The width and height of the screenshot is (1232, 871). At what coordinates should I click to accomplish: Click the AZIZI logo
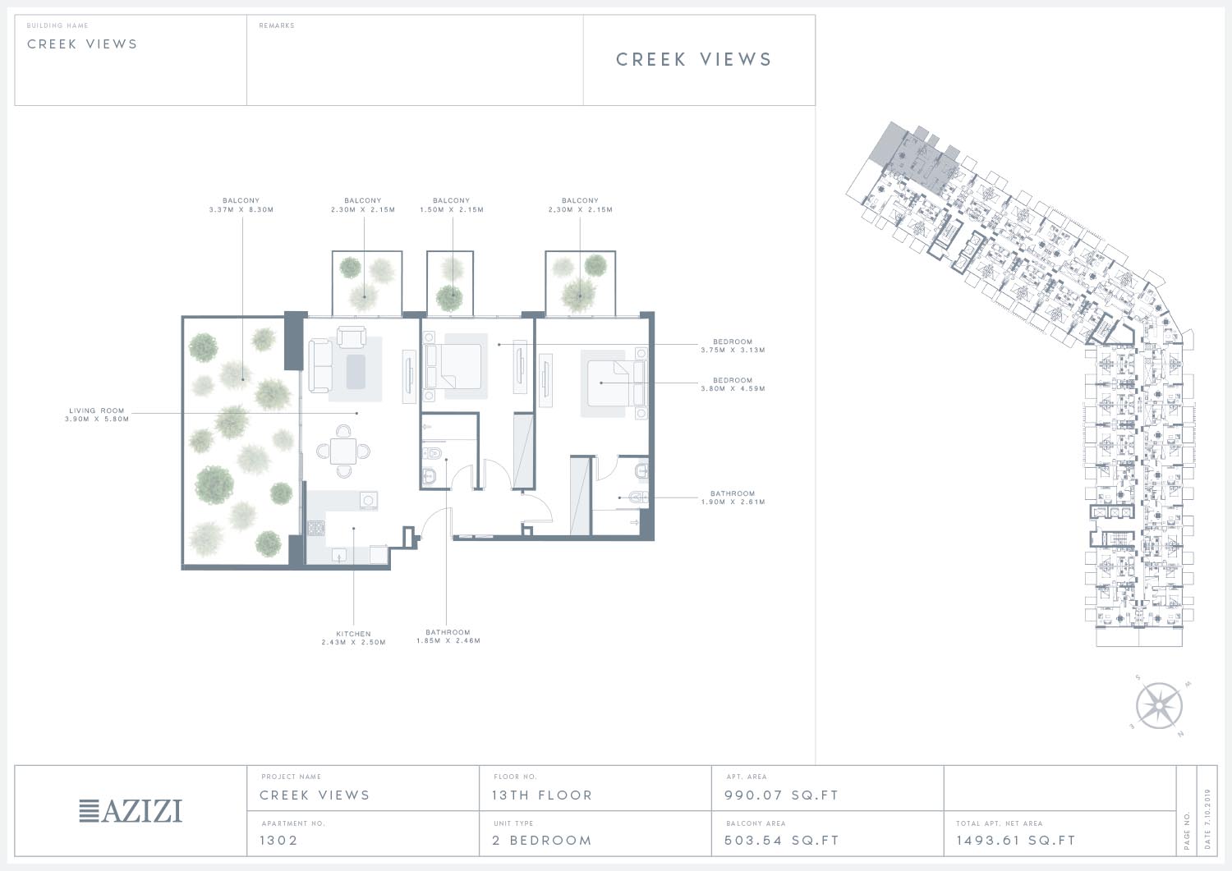(x=131, y=811)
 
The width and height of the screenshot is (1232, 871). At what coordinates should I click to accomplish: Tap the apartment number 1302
(x=278, y=840)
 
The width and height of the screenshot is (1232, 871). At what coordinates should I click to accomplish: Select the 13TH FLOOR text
(x=542, y=795)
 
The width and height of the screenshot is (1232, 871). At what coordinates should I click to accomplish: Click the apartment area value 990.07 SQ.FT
(x=781, y=795)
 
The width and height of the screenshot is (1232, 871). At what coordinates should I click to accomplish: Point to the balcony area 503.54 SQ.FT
(x=782, y=840)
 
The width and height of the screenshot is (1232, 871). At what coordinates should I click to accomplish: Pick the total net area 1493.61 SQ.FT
(x=1015, y=840)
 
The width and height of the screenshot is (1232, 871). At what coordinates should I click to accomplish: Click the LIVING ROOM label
(x=97, y=410)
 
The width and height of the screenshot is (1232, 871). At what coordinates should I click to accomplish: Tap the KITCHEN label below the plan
(x=354, y=634)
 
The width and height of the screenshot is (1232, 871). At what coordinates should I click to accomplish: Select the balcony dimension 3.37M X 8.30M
(x=241, y=209)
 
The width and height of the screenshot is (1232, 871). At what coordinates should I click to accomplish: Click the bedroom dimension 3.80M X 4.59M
(x=733, y=388)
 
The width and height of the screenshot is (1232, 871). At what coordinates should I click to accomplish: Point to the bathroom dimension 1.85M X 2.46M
(x=448, y=640)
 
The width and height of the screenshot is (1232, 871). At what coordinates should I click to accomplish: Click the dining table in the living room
(x=343, y=452)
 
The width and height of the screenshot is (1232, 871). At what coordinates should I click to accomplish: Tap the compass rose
(x=1159, y=705)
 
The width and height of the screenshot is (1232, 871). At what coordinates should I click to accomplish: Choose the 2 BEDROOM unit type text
(x=542, y=840)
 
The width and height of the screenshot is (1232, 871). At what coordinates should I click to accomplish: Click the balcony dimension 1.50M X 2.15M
(x=452, y=209)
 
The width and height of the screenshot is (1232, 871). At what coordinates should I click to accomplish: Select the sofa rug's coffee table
(x=356, y=371)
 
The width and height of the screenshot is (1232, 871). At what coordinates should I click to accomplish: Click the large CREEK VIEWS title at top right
(x=694, y=59)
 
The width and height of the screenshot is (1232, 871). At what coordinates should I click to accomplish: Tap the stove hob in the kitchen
(x=315, y=528)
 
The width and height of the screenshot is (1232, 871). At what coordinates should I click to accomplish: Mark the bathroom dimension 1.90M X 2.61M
(x=733, y=502)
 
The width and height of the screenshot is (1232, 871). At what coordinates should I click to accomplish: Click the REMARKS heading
(x=277, y=25)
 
